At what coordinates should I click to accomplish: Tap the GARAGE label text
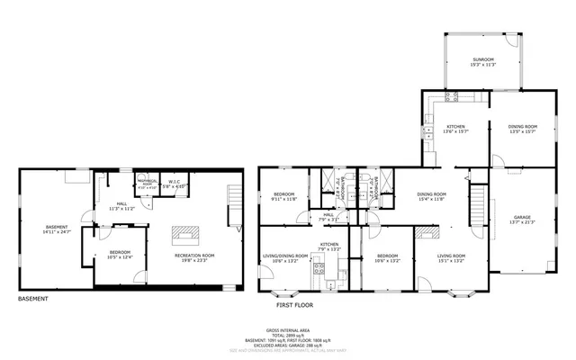pyautogui.click(x=522, y=217)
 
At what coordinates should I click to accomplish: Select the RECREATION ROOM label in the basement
pyautogui.click(x=193, y=255)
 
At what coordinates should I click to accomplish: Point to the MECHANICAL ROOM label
pyautogui.click(x=146, y=184)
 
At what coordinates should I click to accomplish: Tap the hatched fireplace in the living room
pyautogui.click(x=428, y=232)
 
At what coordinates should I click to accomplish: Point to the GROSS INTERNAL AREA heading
pyautogui.click(x=289, y=330)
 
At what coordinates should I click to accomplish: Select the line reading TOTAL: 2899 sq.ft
pyautogui.click(x=289, y=336)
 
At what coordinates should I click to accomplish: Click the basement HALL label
pyautogui.click(x=120, y=202)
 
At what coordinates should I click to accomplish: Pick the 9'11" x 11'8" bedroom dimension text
pyautogui.click(x=284, y=199)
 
